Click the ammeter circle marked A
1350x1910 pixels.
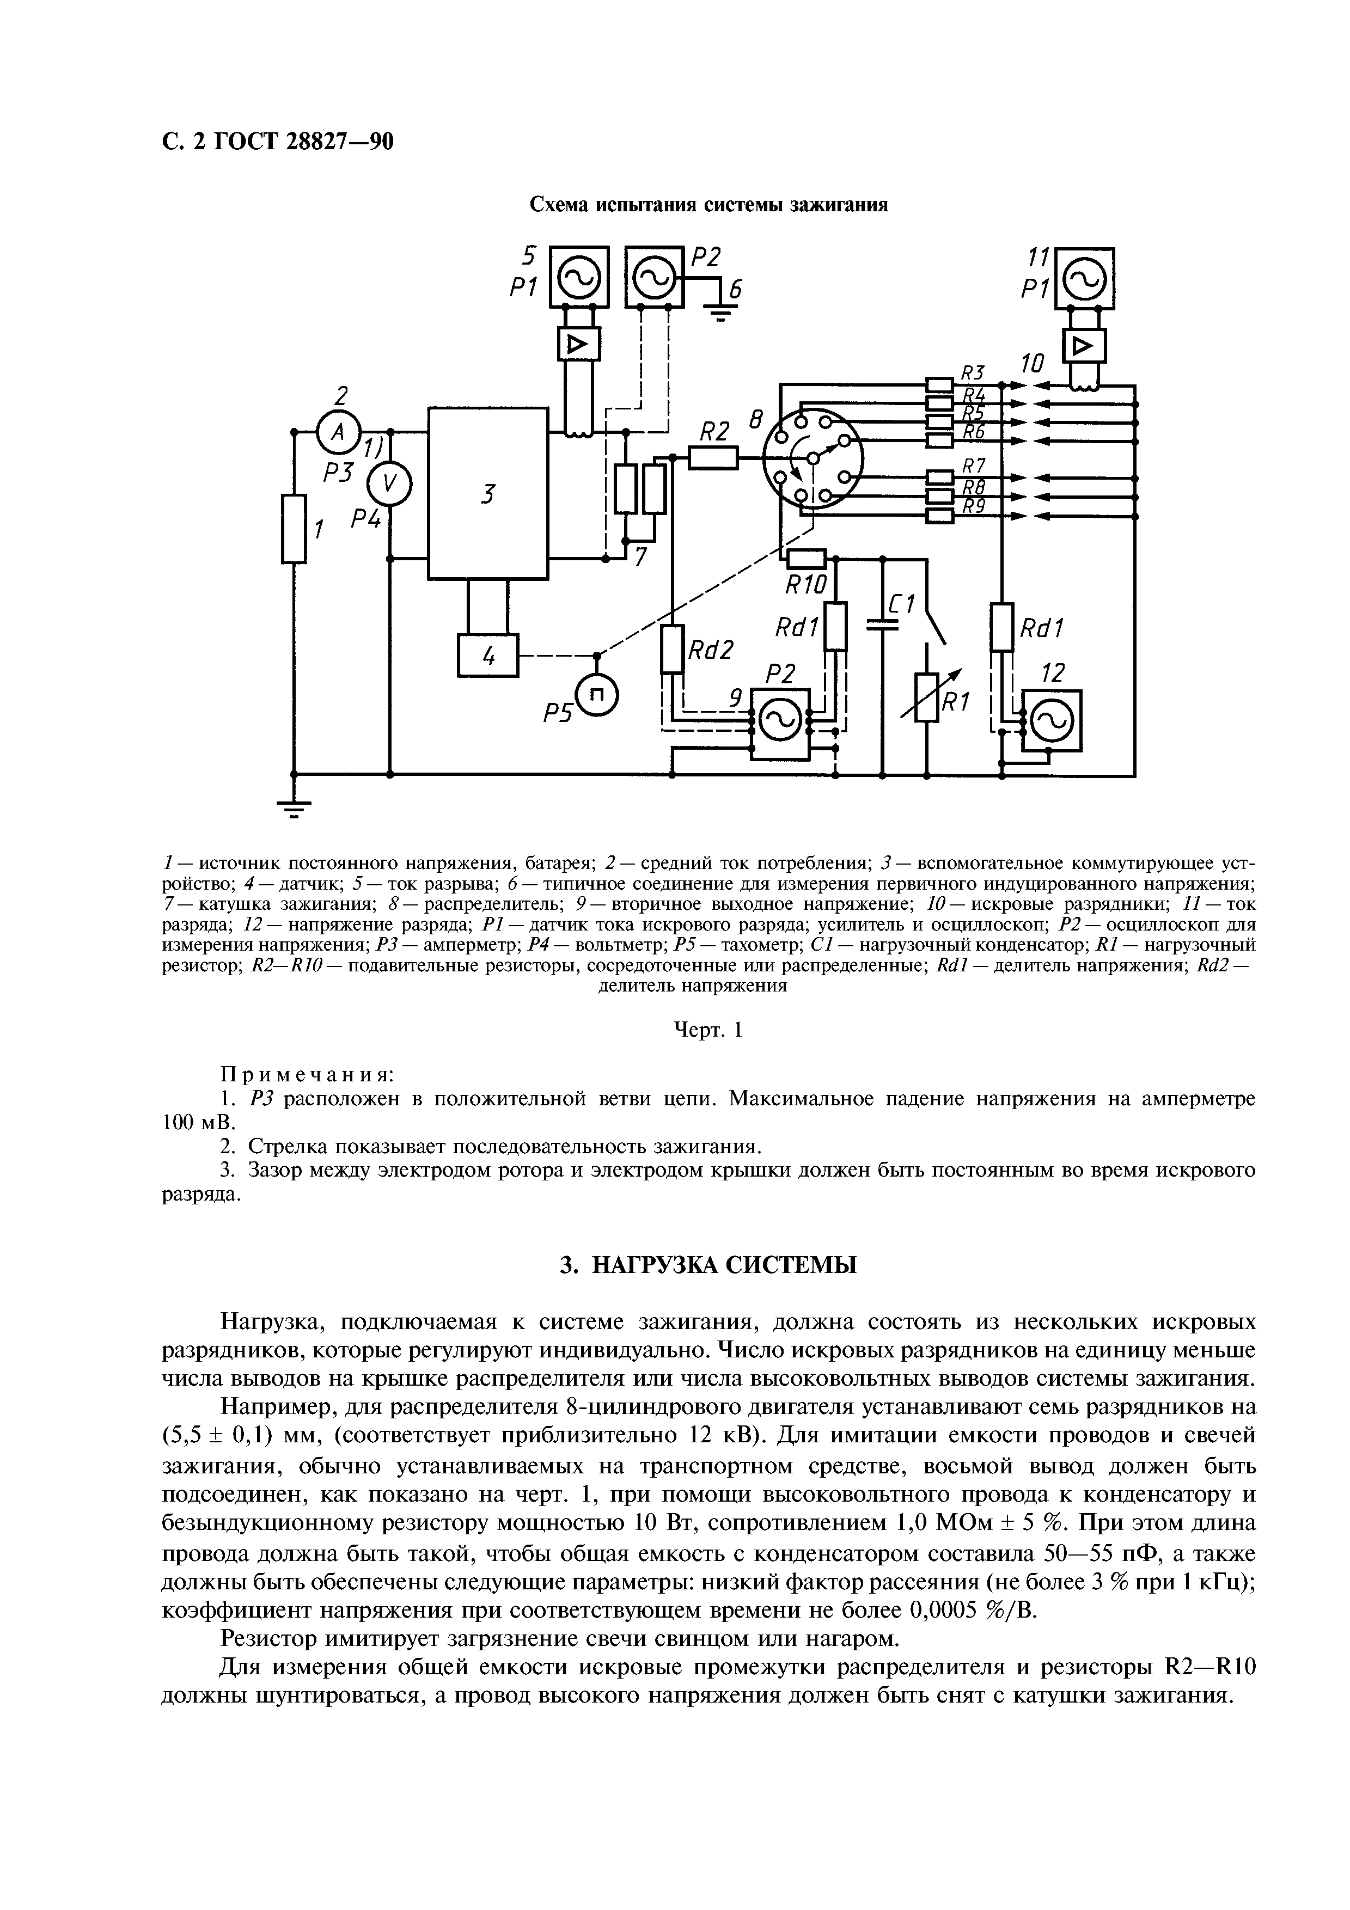pyautogui.click(x=338, y=431)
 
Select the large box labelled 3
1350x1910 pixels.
pyautogui.click(x=487, y=493)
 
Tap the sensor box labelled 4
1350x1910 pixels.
pyautogui.click(x=487, y=656)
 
